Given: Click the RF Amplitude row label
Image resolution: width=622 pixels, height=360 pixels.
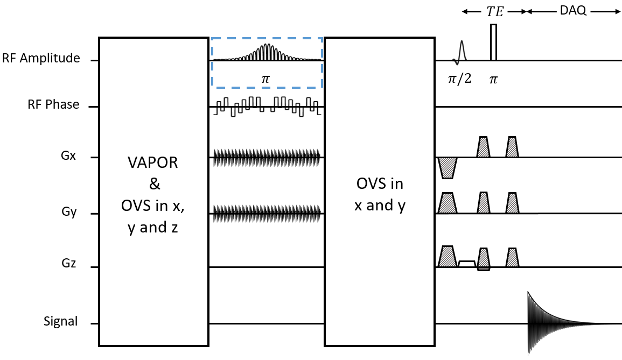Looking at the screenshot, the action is pos(41,58).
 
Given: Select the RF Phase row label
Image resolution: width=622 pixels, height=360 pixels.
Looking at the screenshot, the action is pos(53,104).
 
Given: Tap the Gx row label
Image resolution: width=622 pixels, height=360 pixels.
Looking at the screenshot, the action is pos(68,156).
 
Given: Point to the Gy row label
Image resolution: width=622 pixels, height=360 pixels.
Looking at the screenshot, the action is pos(68,211).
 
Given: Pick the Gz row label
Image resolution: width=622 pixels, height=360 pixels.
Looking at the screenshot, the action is pos(68,263).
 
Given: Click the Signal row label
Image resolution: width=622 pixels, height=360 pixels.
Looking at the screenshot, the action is pos(60,321).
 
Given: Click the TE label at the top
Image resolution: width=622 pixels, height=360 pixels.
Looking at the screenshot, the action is pos(495,11).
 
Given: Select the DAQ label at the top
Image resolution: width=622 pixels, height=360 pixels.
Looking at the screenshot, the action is pos(573,10).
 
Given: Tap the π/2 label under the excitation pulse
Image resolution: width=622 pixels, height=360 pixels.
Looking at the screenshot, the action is pos(459,79).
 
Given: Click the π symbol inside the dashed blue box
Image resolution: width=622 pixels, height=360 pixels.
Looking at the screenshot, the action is pos(265,79).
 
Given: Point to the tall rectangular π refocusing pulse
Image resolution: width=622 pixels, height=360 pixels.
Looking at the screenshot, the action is pos(493,43).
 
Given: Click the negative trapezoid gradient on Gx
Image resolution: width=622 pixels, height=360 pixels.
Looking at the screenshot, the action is pos(447,168).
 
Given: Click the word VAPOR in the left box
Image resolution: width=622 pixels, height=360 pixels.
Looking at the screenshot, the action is pos(153,163).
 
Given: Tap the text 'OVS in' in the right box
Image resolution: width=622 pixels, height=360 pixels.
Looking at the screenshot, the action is pos(380,183).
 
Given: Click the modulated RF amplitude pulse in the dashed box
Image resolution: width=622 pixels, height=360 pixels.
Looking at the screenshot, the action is pos(267,52).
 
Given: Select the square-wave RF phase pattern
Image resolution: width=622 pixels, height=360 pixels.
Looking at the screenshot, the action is pos(267,107).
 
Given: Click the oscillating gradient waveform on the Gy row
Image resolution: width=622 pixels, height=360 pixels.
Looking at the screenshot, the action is pos(267,214).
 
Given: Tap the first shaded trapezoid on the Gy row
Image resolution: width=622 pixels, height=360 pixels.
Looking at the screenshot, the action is pos(448,203).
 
